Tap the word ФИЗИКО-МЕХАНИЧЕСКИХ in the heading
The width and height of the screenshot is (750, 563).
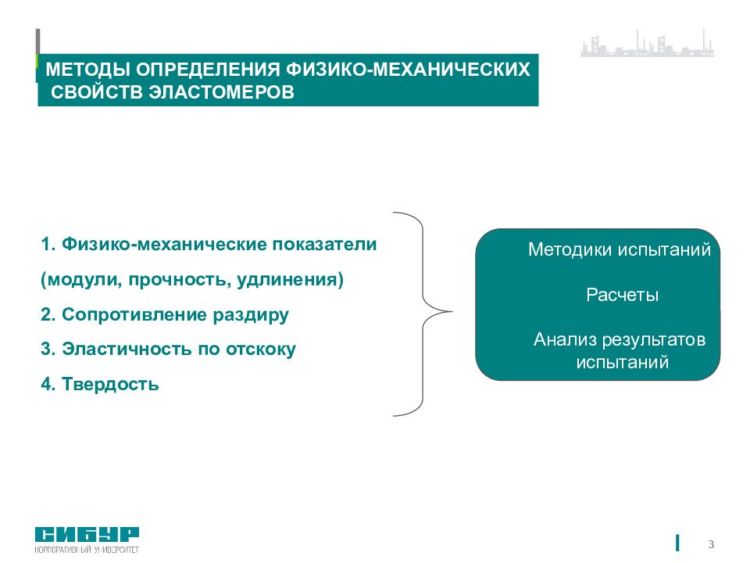pos(409,70)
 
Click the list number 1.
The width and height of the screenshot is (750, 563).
pos(46,245)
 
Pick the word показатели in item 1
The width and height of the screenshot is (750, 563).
pos(324,245)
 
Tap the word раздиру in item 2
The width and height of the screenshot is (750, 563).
pos(256,315)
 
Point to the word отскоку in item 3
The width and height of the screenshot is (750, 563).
pos(259,350)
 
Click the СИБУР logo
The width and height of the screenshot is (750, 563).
pos(87,536)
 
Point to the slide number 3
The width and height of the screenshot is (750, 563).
pos(711,544)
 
